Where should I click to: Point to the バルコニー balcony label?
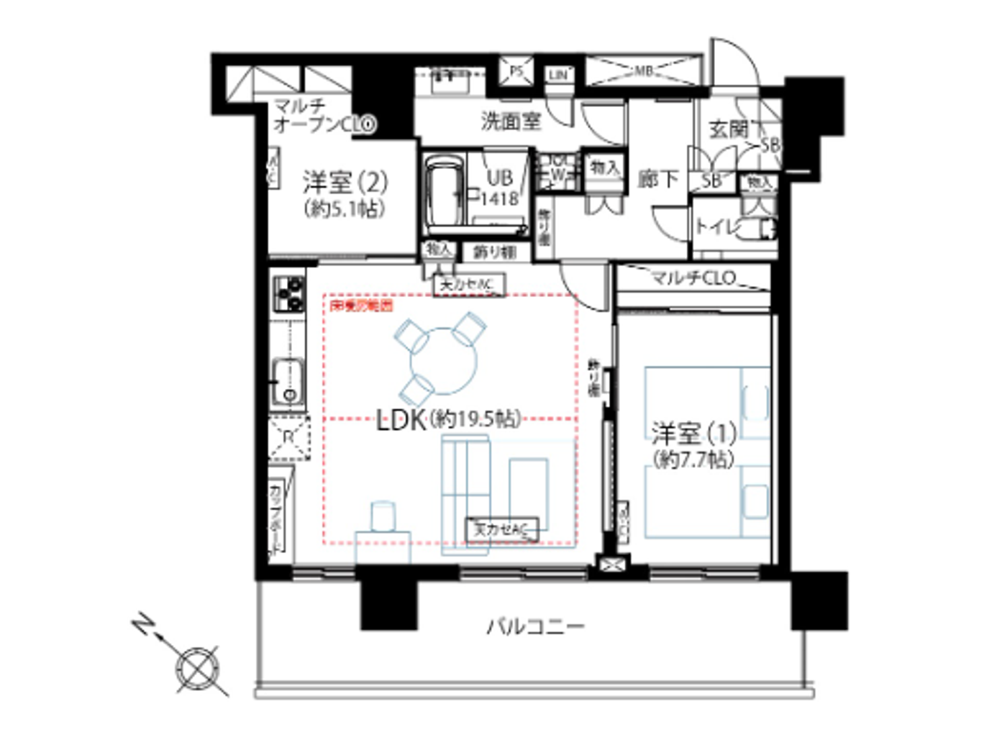tap(536, 626)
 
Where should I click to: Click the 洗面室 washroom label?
tap(511, 122)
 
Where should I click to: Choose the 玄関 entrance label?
tap(729, 129)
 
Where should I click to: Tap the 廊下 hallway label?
tap(657, 178)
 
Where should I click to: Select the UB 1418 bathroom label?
tap(499, 187)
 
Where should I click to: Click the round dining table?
tap(444, 360)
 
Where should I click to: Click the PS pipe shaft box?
tap(516, 71)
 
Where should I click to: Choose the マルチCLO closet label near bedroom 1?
tap(693, 278)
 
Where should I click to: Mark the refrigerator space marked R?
tap(288, 437)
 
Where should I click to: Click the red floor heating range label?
tap(361, 306)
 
